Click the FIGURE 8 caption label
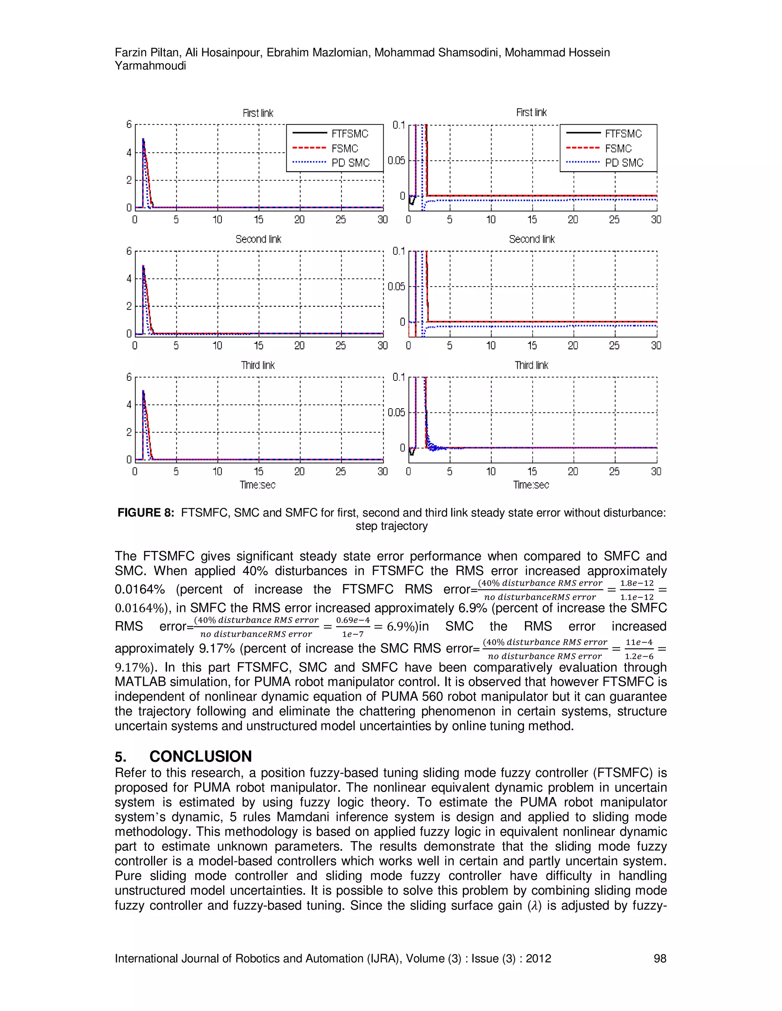pos(145,512)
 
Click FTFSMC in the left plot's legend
pos(350,134)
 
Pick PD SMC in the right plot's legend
pos(624,163)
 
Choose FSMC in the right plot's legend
pos(618,148)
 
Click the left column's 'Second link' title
pos(258,239)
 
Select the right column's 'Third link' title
pos(532,365)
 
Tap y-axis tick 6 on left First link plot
pos(129,124)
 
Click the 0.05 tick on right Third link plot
pos(397,412)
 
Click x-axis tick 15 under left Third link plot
pos(259,471)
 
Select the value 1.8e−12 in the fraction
pos(637,583)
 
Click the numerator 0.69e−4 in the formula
pos(353,620)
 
